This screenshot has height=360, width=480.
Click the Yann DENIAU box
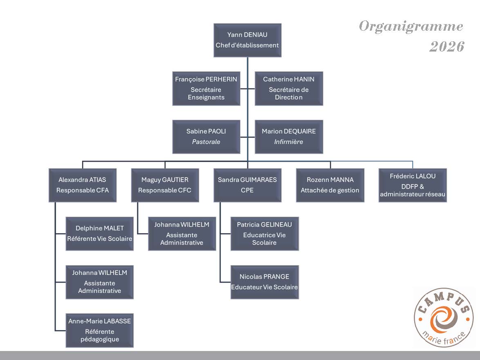click(x=247, y=40)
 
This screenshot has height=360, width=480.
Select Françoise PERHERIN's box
click(x=206, y=88)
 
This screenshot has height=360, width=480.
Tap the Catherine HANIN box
click(x=289, y=88)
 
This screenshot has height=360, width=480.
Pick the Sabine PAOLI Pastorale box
click(x=206, y=137)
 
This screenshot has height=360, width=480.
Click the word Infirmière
click(x=289, y=142)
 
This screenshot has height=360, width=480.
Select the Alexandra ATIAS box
click(x=82, y=185)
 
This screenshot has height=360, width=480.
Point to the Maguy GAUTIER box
click(x=165, y=185)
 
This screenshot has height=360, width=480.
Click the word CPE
click(x=247, y=190)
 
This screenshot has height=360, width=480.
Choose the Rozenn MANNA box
click(x=330, y=185)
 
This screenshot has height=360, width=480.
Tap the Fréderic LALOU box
click(x=413, y=185)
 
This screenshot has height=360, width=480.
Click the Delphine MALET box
click(x=100, y=233)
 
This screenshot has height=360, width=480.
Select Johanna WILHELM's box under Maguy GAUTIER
click(x=182, y=233)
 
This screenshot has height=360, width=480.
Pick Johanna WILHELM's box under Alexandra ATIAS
click(x=100, y=282)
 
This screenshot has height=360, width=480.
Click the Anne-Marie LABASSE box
click(x=100, y=330)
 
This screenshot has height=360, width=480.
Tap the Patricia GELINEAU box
click(x=265, y=233)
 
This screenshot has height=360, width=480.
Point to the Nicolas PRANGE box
click(x=265, y=282)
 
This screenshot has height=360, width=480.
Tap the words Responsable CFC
click(x=165, y=190)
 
